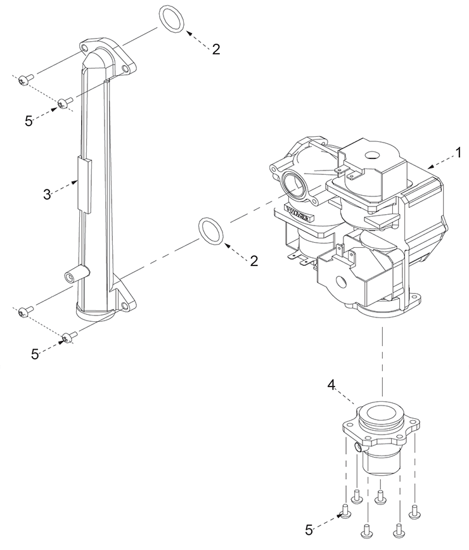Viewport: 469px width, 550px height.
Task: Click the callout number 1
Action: pyautogui.click(x=458, y=153)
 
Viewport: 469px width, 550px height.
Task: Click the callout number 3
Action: pyautogui.click(x=48, y=195)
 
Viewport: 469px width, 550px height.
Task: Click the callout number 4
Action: pyautogui.click(x=331, y=385)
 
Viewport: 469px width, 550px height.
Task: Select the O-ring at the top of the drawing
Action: pyautogui.click(x=172, y=20)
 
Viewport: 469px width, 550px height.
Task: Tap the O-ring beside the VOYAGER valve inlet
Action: pyautogui.click(x=212, y=231)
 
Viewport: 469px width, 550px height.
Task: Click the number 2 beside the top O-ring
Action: pyautogui.click(x=216, y=49)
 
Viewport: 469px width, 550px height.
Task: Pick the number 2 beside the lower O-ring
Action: pyautogui.click(x=254, y=261)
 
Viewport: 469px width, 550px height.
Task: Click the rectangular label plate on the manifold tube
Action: pyautogui.click(x=84, y=185)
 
